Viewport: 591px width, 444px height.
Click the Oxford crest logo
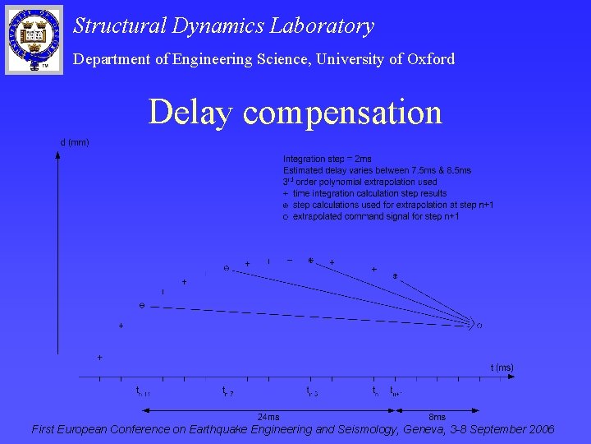click(34, 38)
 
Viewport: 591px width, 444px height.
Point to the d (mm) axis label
click(75, 142)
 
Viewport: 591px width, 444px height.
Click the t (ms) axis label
click(502, 368)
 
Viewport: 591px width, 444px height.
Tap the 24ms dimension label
click(268, 417)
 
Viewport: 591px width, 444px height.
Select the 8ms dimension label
click(438, 417)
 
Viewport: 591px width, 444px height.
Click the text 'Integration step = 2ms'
click(327, 159)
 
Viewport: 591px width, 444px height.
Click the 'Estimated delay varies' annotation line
click(377, 170)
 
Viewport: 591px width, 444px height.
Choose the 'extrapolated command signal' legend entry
click(375, 216)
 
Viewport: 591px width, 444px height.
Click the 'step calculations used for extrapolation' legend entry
click(392, 205)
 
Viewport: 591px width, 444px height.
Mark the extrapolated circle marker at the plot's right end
click(479, 326)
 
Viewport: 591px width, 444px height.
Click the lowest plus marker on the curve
click(99, 358)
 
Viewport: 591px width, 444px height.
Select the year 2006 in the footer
click(538, 429)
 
